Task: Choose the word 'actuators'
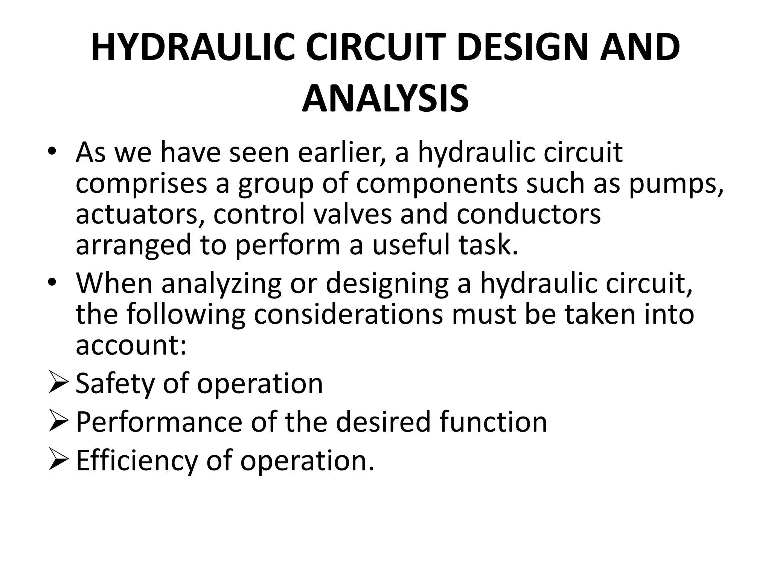tap(140, 214)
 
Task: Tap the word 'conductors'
tap(529, 214)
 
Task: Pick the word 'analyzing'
tap(222, 284)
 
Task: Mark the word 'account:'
tap(131, 345)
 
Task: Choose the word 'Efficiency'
tap(137, 461)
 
